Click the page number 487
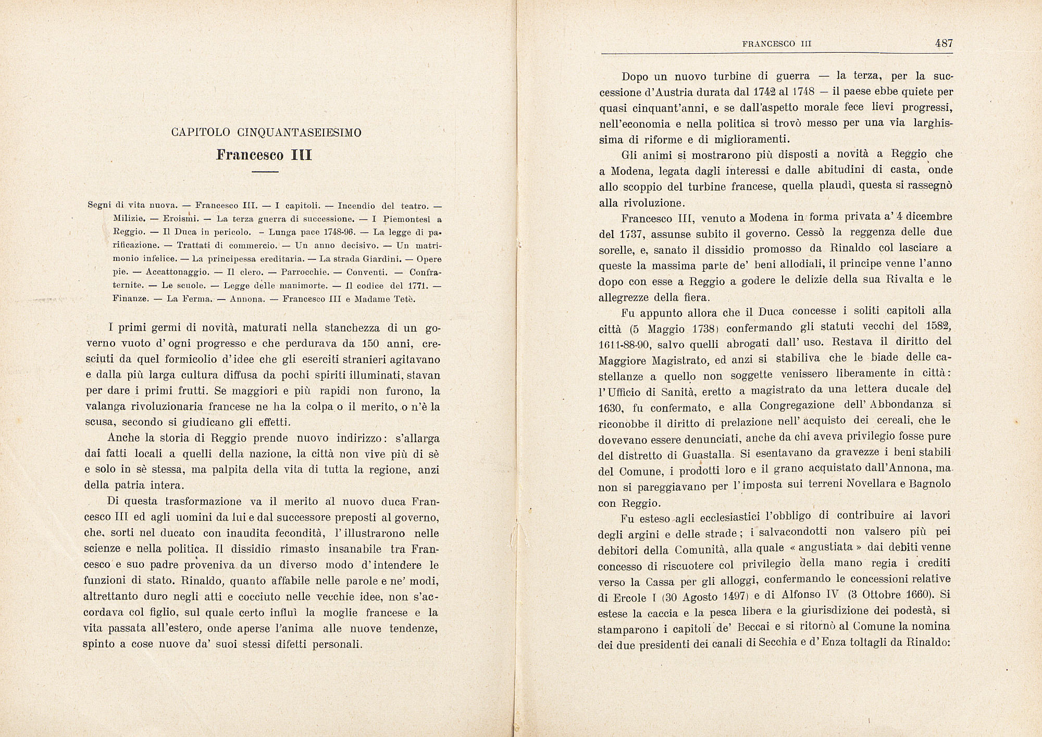pyautogui.click(x=944, y=44)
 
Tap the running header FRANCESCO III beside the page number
pyautogui.click(x=777, y=45)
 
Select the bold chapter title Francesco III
pyautogui.click(x=264, y=155)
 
